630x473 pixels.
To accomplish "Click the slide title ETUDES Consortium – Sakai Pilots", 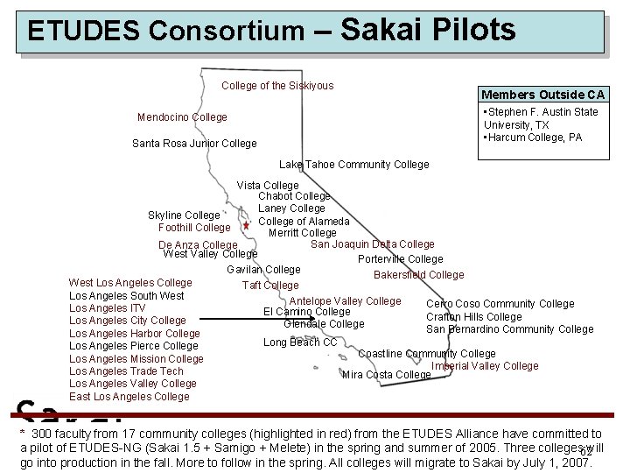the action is pyautogui.click(x=271, y=31).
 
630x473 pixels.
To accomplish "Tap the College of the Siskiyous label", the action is pyautogui.click(x=277, y=86).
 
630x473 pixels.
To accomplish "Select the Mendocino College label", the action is pyautogui.click(x=182, y=117).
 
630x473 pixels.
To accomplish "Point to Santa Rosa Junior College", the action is pyautogui.click(x=194, y=144).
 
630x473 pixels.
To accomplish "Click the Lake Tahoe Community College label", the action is pyautogui.click(x=354, y=165).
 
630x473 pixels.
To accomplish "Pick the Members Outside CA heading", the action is pyautogui.click(x=542, y=95).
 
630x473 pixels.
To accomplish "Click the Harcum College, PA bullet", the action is pyautogui.click(x=533, y=138).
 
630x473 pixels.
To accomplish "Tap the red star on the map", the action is pyautogui.click(x=247, y=226).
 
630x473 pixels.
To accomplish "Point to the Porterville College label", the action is pyautogui.click(x=401, y=259).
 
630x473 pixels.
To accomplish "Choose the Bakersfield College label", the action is pyautogui.click(x=419, y=275).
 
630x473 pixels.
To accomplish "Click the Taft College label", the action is pyautogui.click(x=270, y=286).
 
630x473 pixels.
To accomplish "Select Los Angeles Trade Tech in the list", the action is pyautogui.click(x=126, y=371).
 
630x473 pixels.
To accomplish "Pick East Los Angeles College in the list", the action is pyautogui.click(x=129, y=397).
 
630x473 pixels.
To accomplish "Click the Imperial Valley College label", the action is pyautogui.click(x=486, y=366).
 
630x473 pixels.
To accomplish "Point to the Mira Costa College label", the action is pyautogui.click(x=387, y=375).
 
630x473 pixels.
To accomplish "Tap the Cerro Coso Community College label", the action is pyautogui.click(x=500, y=304).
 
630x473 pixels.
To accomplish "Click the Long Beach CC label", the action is pyautogui.click(x=300, y=342).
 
